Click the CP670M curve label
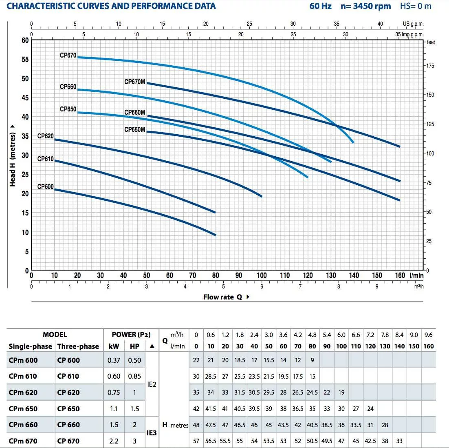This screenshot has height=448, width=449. [134, 82]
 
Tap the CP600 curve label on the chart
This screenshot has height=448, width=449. [45, 186]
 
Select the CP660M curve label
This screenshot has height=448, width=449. [134, 113]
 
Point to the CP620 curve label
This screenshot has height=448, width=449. [45, 136]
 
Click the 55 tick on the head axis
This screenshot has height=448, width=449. [25, 60]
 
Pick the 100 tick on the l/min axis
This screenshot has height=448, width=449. [262, 275]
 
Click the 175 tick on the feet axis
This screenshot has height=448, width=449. [431, 66]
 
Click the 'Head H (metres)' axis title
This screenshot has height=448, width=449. [12, 155]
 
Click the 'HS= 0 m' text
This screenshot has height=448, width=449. [416, 6]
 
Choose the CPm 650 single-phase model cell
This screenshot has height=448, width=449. [23, 408]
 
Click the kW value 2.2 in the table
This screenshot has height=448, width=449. [114, 441]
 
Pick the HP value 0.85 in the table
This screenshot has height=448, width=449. [134, 376]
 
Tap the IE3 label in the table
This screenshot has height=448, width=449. [152, 433]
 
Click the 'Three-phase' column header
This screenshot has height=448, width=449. [78, 346]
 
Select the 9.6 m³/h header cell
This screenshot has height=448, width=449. [429, 335]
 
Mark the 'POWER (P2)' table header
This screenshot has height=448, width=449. [131, 335]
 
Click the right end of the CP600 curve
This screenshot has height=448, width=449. [215, 235]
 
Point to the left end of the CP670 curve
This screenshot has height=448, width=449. [78, 57]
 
